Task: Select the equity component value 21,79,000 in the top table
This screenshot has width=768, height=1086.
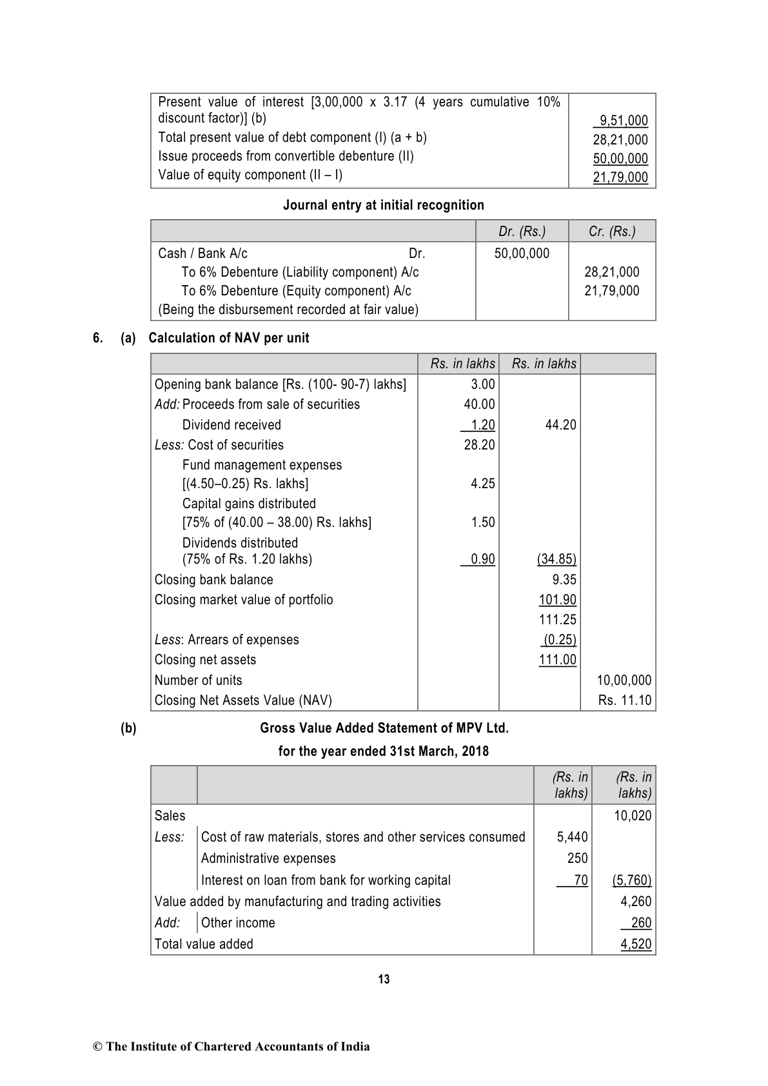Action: (x=620, y=177)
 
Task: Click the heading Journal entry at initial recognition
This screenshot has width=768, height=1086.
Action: (x=384, y=205)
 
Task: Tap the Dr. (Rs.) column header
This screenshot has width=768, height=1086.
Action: (x=522, y=232)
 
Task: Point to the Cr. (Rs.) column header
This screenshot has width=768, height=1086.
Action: (x=612, y=232)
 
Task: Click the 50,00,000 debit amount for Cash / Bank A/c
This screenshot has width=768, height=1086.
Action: (x=522, y=253)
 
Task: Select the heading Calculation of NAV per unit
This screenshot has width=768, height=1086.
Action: (x=229, y=338)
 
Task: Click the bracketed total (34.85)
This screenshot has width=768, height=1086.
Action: (x=556, y=559)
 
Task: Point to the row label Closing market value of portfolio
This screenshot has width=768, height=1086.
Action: (x=244, y=600)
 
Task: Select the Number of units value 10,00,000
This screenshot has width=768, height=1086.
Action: (x=624, y=680)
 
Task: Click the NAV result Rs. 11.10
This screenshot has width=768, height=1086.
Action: (x=624, y=700)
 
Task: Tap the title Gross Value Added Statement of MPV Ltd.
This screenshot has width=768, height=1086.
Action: (x=384, y=728)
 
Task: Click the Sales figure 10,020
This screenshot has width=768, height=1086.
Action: (x=633, y=816)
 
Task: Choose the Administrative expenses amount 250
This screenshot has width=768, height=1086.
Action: (x=577, y=858)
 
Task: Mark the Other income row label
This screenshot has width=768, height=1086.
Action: (x=238, y=923)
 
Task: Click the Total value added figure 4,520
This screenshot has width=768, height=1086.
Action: (x=636, y=944)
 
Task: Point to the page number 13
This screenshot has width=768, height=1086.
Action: (x=384, y=980)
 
